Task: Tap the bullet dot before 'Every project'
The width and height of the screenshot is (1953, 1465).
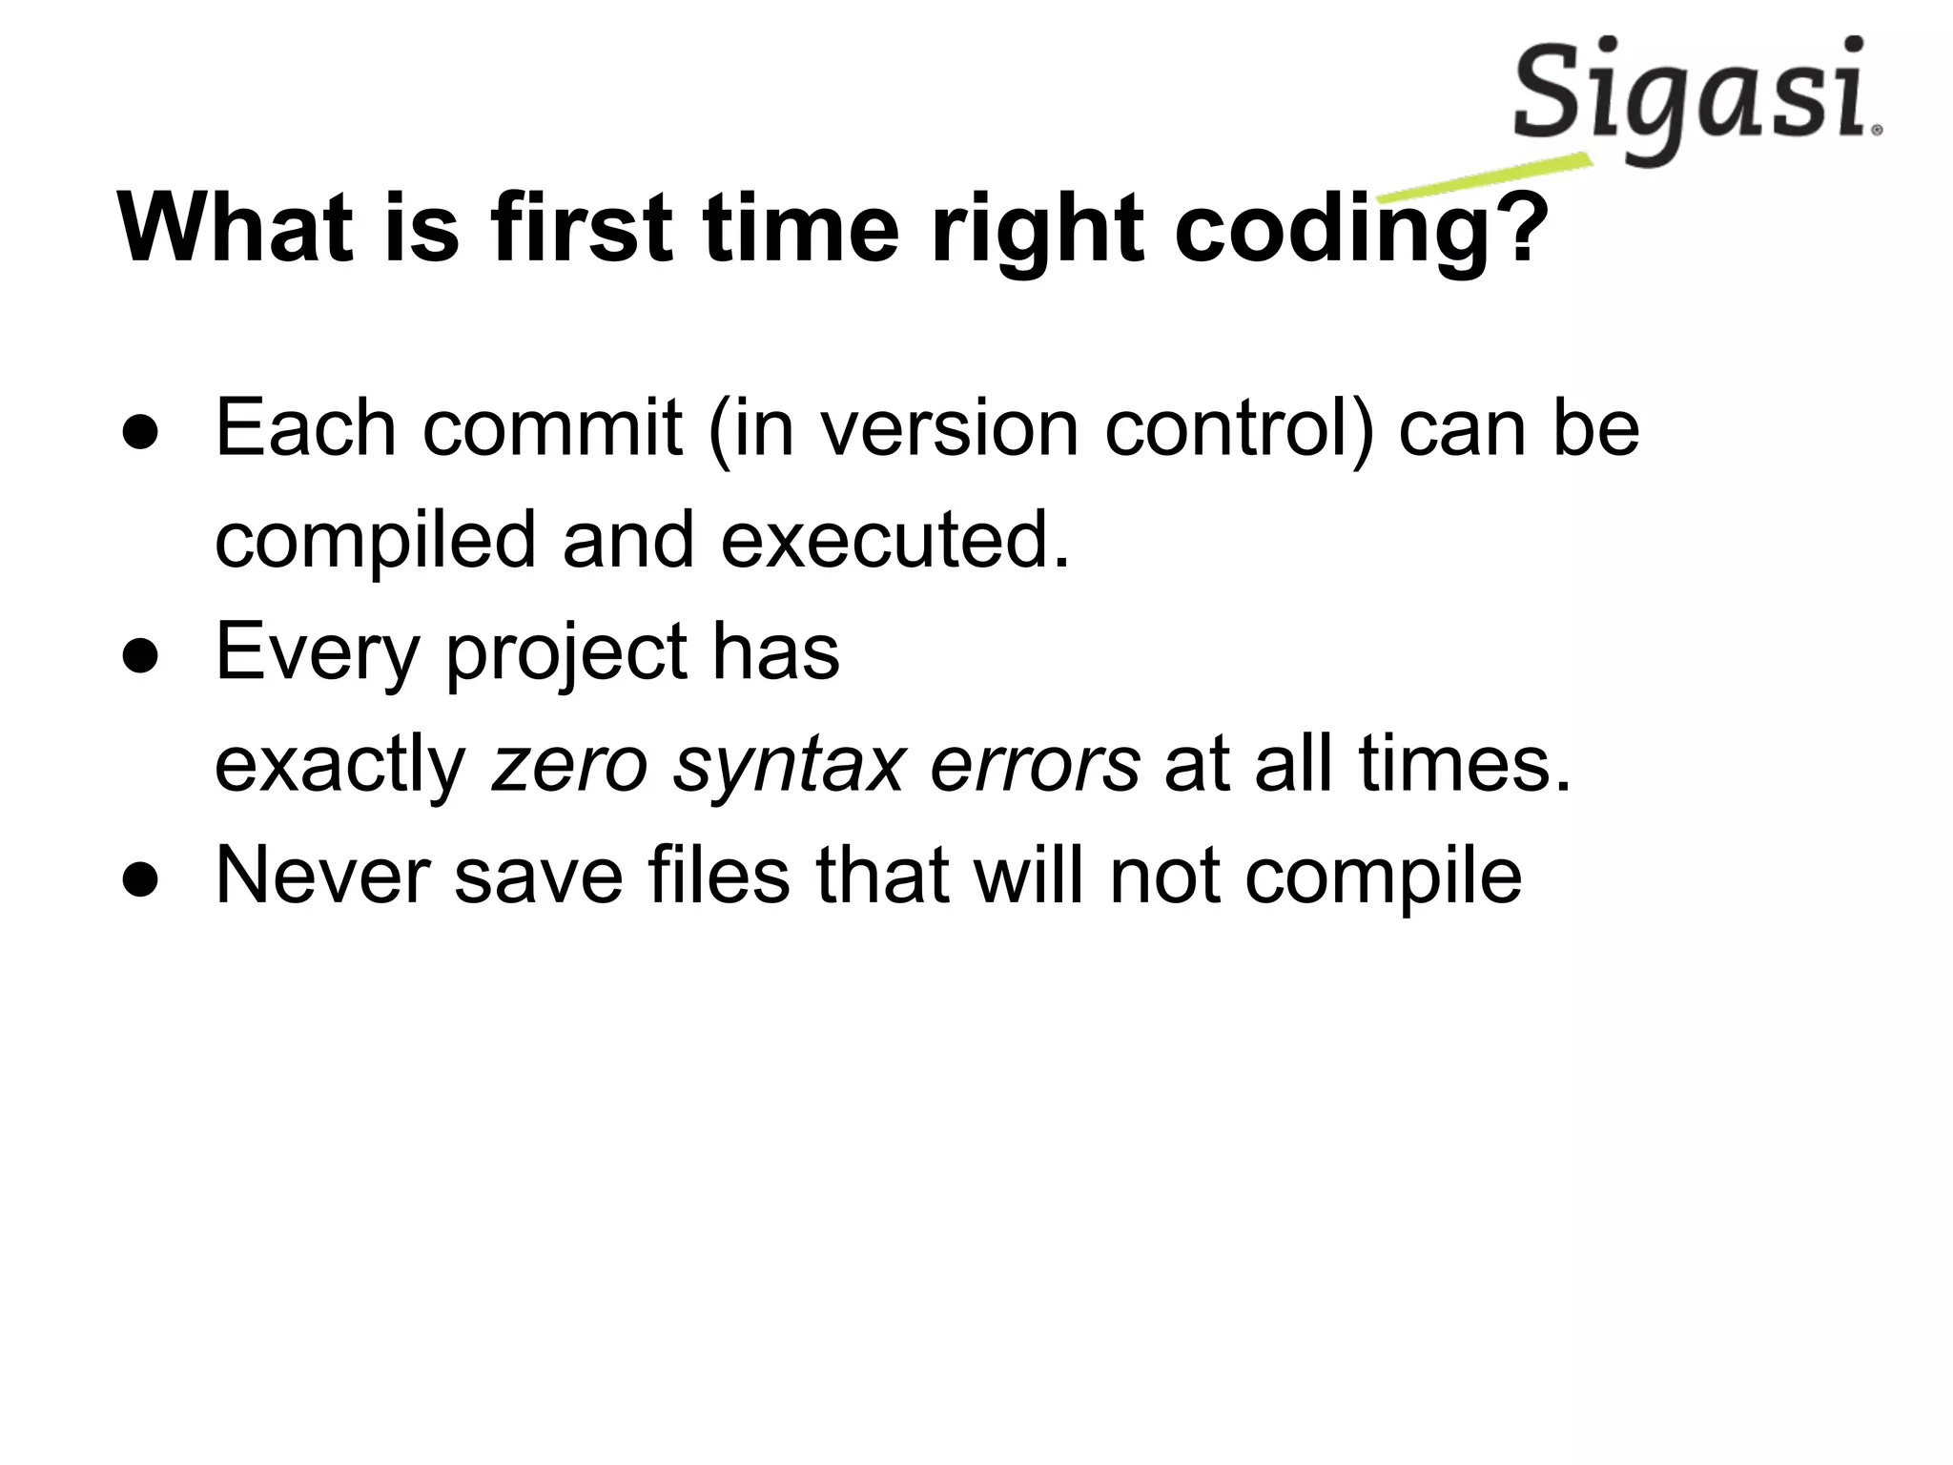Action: pyautogui.click(x=140, y=656)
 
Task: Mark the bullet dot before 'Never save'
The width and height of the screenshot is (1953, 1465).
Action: pyautogui.click(x=140, y=879)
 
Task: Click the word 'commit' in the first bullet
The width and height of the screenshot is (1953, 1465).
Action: pyautogui.click(x=552, y=428)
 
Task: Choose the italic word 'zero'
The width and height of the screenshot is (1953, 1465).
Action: pyautogui.click(x=569, y=765)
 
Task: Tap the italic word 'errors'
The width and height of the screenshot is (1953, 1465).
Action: pyautogui.click(x=1035, y=765)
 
